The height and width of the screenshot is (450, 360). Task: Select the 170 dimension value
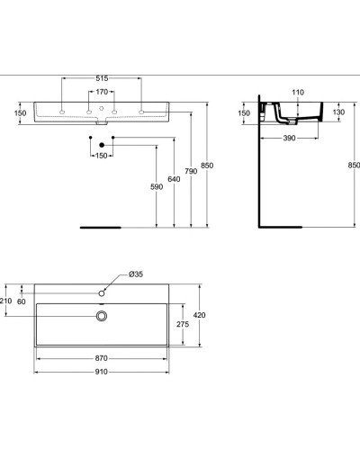(102, 91)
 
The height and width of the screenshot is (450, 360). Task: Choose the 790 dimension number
(192, 171)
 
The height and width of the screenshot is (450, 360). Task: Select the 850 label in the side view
(353, 165)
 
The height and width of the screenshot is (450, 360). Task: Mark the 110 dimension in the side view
(298, 92)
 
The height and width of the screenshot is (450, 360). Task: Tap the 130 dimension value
(339, 112)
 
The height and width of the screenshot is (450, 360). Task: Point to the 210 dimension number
(5, 301)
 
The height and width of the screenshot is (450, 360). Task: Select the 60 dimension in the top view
(21, 301)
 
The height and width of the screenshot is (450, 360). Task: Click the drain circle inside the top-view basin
(103, 315)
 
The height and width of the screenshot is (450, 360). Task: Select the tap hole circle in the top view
(103, 292)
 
